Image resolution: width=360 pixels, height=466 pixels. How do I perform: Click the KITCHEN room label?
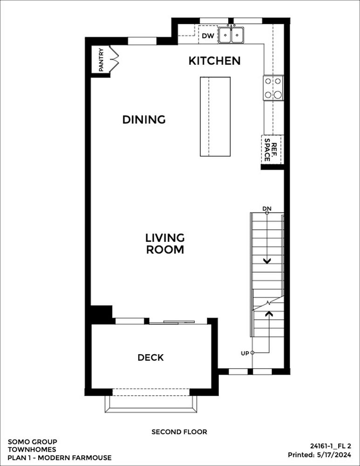(214, 61)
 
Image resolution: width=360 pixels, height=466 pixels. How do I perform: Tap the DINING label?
(144, 119)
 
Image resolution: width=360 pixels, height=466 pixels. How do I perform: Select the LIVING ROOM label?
(165, 244)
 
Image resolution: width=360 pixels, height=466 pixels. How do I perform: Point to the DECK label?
(150, 357)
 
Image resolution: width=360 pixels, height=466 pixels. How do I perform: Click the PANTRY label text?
(101, 60)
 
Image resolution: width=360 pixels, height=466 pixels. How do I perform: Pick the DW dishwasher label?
(208, 36)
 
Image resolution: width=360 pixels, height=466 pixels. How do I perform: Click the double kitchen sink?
(231, 35)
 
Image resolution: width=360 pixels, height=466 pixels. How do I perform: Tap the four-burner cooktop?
(273, 88)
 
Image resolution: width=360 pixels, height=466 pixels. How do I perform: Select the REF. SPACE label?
(271, 150)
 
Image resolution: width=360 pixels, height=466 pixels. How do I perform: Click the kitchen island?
(215, 116)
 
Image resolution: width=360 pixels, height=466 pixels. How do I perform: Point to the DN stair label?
(267, 209)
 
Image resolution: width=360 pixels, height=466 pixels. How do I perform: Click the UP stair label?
(245, 353)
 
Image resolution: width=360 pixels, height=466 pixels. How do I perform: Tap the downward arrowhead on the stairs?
(267, 261)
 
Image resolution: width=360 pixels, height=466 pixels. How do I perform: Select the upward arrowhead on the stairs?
(269, 313)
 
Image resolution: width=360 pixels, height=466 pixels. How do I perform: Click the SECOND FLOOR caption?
(179, 432)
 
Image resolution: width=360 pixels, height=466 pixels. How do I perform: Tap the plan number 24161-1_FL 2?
(331, 446)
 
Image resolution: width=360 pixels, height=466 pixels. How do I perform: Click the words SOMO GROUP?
(33, 442)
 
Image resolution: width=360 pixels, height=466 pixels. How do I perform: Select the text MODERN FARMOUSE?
(75, 458)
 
